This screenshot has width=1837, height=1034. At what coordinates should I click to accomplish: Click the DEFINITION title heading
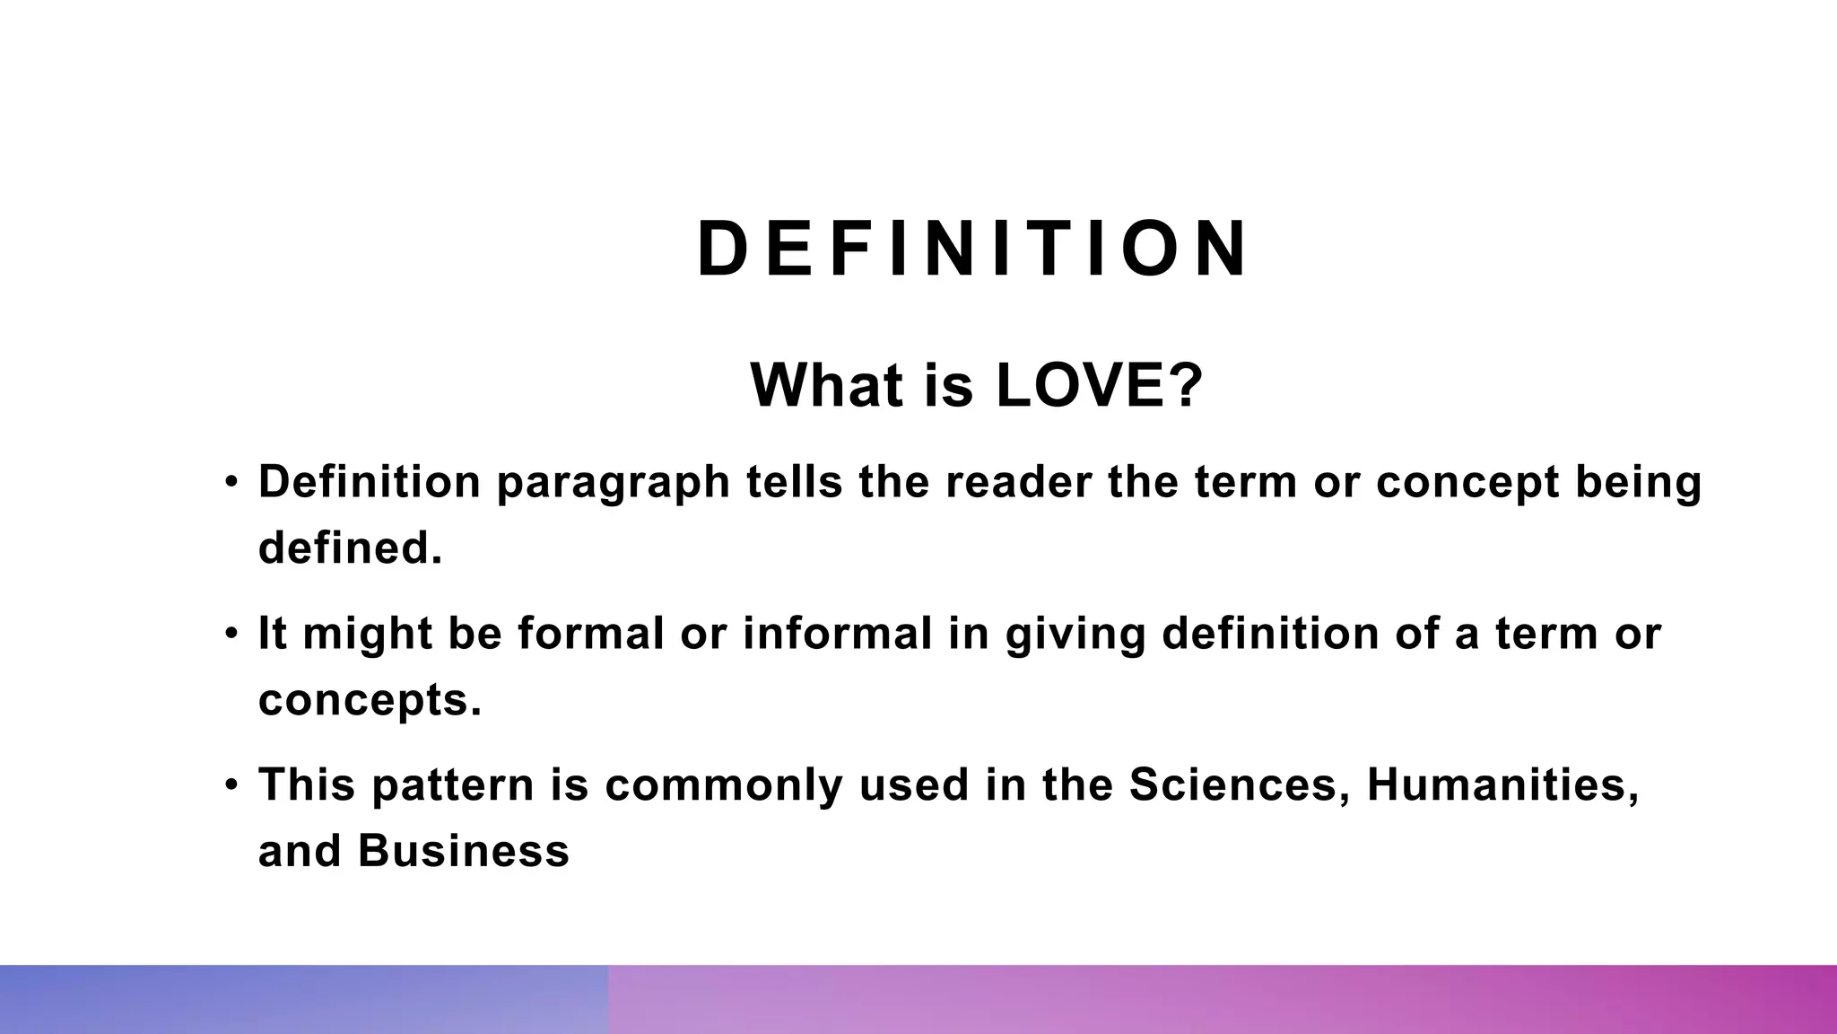click(x=972, y=249)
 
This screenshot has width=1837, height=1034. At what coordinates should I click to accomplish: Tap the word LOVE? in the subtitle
click(x=1099, y=385)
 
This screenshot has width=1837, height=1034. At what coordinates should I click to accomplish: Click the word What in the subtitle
click(x=826, y=385)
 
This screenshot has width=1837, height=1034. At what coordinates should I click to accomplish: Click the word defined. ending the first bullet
click(x=351, y=547)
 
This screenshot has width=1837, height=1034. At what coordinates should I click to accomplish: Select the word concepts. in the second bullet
click(x=370, y=701)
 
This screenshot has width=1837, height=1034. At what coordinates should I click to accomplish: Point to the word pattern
click(x=453, y=786)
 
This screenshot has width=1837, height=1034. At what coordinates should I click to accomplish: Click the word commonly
click(x=724, y=786)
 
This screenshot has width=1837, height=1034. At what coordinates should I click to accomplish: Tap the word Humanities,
click(x=1503, y=784)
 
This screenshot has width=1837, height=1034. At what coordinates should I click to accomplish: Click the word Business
click(x=463, y=850)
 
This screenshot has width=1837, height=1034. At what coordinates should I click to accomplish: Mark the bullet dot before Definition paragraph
click(x=232, y=482)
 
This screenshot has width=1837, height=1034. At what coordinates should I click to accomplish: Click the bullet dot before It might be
click(x=232, y=634)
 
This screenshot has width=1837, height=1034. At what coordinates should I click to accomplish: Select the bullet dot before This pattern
click(x=232, y=784)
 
